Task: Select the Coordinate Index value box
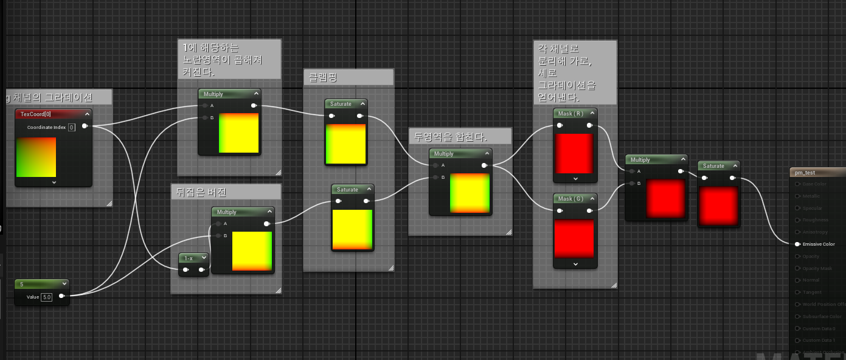click(x=71, y=127)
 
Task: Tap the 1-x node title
click(x=189, y=258)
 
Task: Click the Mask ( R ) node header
click(x=570, y=114)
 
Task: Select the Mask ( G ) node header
click(x=570, y=199)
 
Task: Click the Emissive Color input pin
click(x=797, y=244)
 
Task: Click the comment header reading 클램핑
click(x=322, y=77)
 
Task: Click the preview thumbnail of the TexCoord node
click(x=36, y=157)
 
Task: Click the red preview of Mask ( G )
click(x=574, y=238)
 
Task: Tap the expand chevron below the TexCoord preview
click(x=54, y=182)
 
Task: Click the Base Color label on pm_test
click(x=815, y=184)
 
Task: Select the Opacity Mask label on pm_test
click(x=817, y=269)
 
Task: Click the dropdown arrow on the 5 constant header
click(x=64, y=284)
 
